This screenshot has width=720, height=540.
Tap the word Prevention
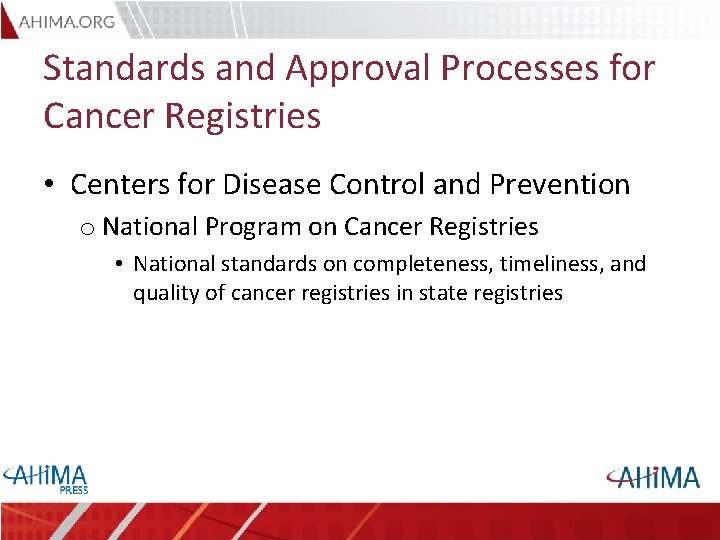[560, 184]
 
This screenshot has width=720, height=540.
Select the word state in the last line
[436, 293]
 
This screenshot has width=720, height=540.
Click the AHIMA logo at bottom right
[652, 477]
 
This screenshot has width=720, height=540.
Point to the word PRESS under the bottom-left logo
[73, 490]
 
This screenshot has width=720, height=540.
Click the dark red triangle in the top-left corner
[8, 17]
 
